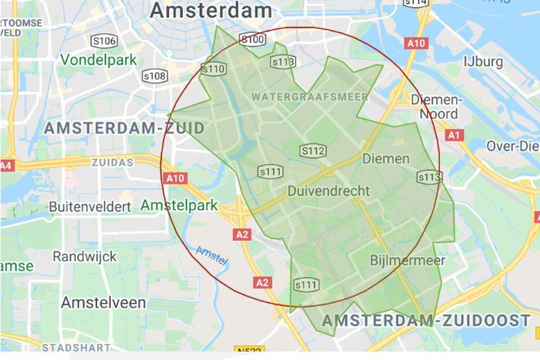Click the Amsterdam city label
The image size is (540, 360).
coord(210,10)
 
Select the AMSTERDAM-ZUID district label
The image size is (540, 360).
coord(124,128)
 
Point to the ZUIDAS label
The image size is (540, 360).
coord(112,163)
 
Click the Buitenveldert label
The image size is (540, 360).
coord(90,207)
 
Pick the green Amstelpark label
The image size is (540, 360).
coord(179,206)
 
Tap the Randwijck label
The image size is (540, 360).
coord(85,257)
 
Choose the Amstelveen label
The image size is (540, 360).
coord(103,303)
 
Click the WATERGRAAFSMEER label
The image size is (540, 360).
coord(309,97)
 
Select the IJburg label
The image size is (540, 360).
coord(484,62)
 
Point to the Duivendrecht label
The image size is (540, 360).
coord(328,191)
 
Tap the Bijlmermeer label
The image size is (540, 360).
coord(408,260)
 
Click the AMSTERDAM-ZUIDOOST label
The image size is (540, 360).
coord(426,320)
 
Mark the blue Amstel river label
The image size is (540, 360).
coord(211,255)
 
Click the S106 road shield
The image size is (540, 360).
coord(104,41)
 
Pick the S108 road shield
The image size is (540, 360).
coord(155,75)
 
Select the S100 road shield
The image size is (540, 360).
coord(253,39)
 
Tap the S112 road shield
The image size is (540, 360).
coord(313,150)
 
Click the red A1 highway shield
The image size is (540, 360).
coord(454,135)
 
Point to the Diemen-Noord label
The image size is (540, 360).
coord(437,107)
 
